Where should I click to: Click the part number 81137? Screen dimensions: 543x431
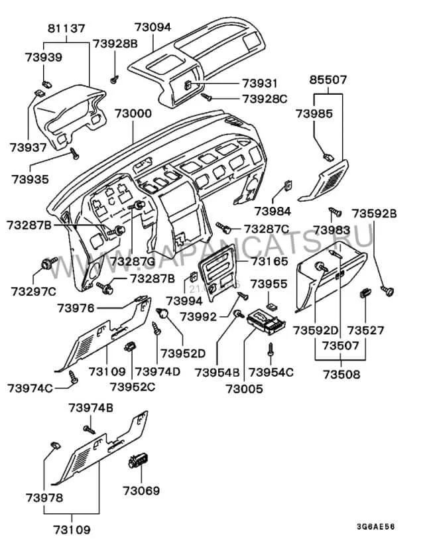coord(66,29)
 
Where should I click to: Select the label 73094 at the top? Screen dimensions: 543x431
coord(152,28)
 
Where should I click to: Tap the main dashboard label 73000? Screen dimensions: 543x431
coord(133,113)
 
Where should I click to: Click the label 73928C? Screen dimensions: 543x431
coord(264,98)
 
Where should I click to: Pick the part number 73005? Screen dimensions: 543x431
coord(244,389)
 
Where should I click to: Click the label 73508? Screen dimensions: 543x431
coord(341,374)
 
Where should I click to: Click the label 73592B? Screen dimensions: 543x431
coord(374,213)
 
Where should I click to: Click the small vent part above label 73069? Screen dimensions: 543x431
coord(141,460)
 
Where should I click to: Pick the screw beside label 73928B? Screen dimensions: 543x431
coord(115,78)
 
